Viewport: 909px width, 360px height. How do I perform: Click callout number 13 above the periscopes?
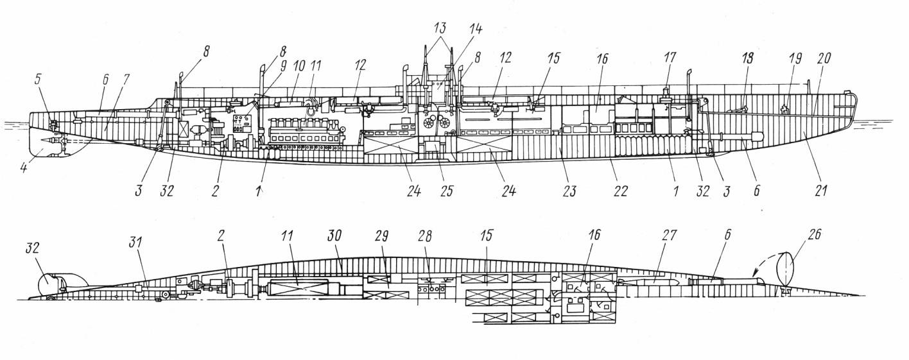coord(440,28)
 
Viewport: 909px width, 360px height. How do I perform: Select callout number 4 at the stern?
coord(24,167)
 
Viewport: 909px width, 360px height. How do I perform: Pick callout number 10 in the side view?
coord(299,66)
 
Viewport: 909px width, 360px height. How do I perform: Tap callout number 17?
coord(670,57)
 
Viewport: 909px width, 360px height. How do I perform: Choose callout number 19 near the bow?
coord(795,58)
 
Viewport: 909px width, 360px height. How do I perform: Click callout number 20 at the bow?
coord(824,58)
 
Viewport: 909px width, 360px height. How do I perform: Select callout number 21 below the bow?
coord(821,190)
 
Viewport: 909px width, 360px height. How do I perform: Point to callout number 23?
coord(569,190)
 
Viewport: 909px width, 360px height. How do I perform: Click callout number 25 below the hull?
coord(446,190)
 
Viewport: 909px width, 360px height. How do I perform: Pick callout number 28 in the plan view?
coord(425,236)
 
